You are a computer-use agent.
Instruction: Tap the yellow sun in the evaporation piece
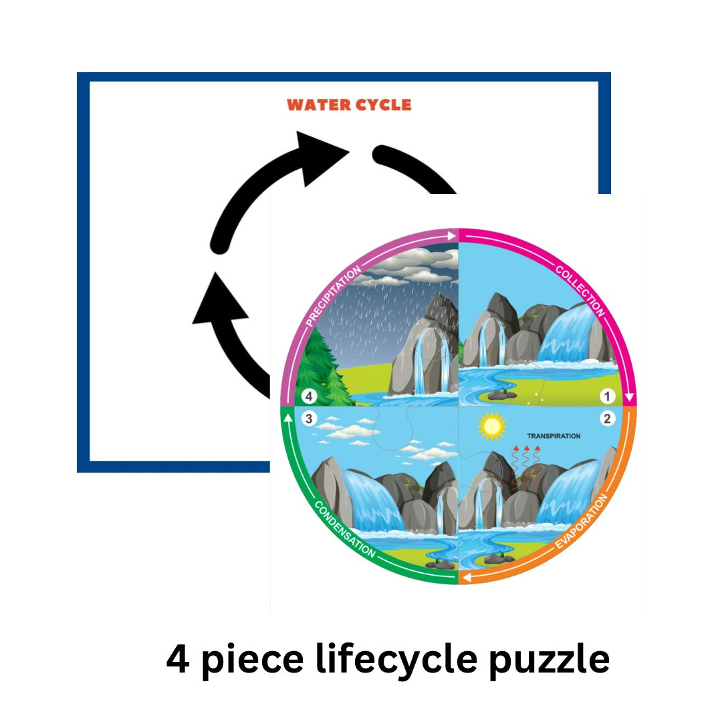pyautogui.click(x=493, y=426)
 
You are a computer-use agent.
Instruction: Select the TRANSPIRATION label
pyautogui.click(x=554, y=437)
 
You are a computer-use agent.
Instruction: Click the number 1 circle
pyautogui.click(x=607, y=396)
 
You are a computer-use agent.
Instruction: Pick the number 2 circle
pyautogui.click(x=607, y=419)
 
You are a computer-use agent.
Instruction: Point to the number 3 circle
pyautogui.click(x=308, y=419)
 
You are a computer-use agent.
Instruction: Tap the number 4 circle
pyautogui.click(x=308, y=396)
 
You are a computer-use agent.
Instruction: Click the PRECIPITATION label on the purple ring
pyautogui.click(x=333, y=295)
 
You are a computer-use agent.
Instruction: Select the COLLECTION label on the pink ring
pyautogui.click(x=580, y=291)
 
